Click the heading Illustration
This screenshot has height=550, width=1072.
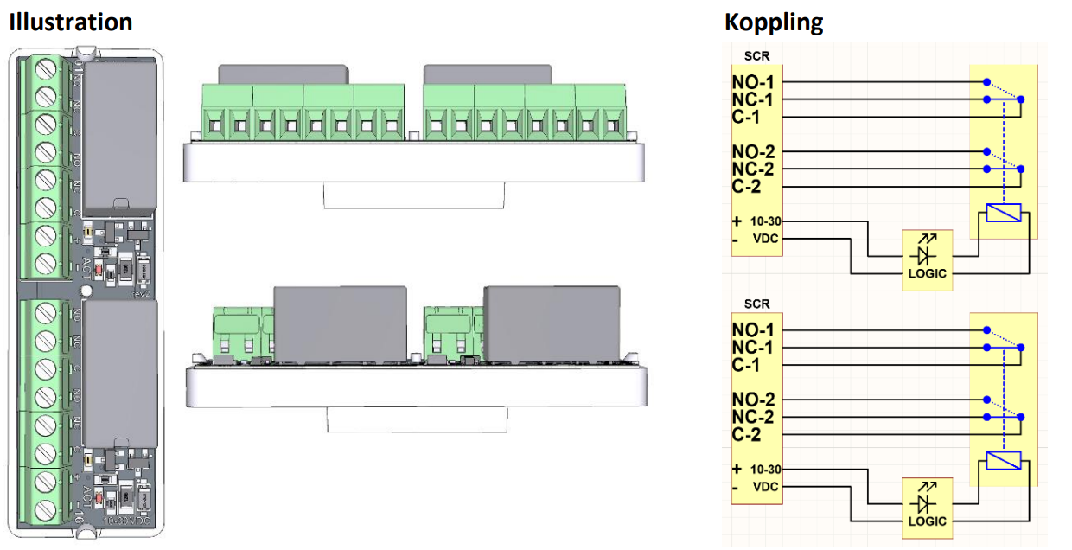pyautogui.click(x=71, y=22)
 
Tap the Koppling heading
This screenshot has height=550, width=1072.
pyautogui.click(x=774, y=22)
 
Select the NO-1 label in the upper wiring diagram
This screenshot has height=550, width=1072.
pyautogui.click(x=752, y=83)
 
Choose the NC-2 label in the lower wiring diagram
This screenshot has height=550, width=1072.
pyautogui.click(x=752, y=417)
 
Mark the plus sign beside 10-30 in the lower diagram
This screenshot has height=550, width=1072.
pyautogui.click(x=737, y=469)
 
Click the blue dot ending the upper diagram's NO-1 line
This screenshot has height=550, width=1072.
pyautogui.click(x=986, y=83)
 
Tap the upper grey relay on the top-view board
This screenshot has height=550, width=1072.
pyautogui.click(x=121, y=138)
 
